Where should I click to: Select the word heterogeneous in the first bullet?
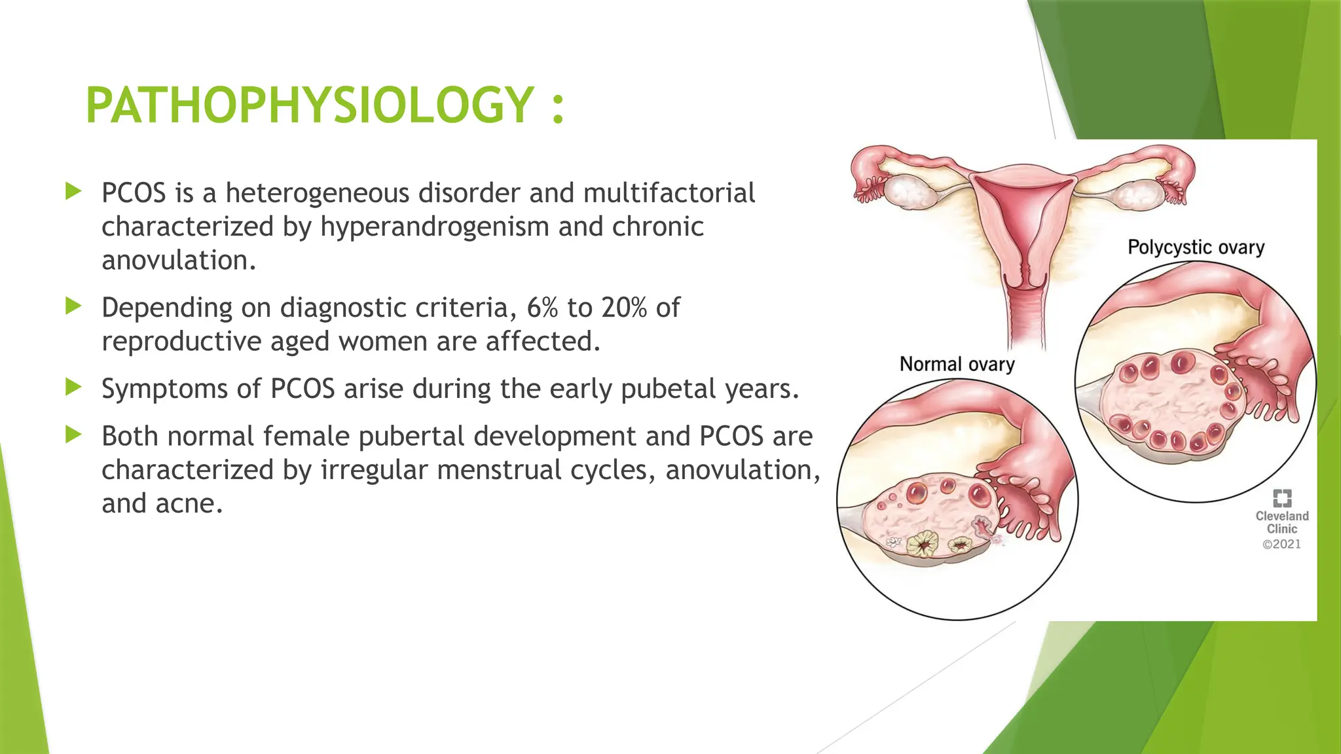coord(317,193)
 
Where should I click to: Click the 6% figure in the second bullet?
coord(542,308)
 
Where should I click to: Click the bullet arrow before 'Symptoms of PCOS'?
coord(73,387)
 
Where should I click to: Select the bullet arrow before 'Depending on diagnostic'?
coord(73,306)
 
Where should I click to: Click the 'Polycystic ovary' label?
coord(1196,247)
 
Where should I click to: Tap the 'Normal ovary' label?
coord(957,364)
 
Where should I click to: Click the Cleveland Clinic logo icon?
coord(1281,498)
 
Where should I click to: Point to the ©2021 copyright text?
coord(1281,544)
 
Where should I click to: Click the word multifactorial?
coord(669,193)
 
